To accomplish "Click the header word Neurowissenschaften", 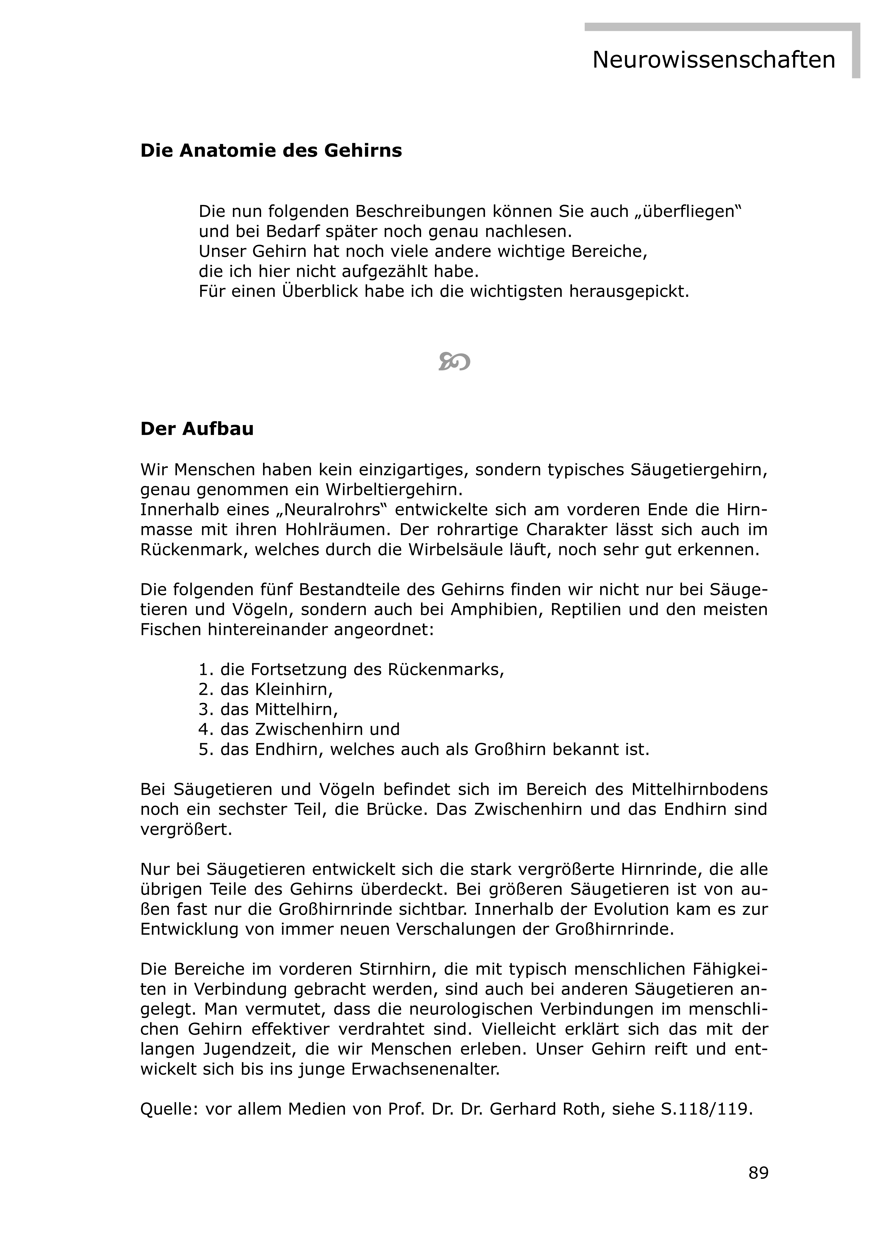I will coord(713,60).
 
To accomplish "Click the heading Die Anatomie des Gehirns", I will coord(271,151).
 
